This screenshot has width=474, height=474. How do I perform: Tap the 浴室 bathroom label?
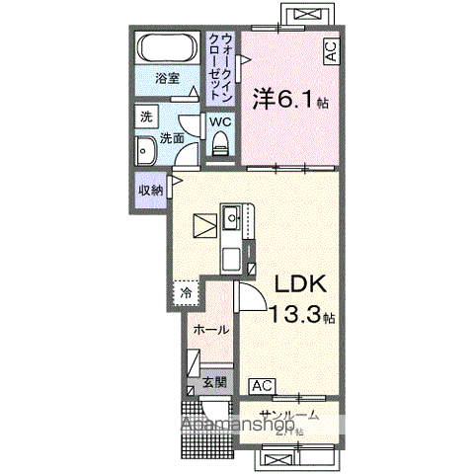pyautogui.click(x=166, y=80)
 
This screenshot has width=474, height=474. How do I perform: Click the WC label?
pyautogui.click(x=219, y=121)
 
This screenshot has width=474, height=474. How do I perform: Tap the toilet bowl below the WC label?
pyautogui.click(x=219, y=144)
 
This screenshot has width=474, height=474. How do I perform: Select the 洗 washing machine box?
pyautogui.click(x=145, y=117)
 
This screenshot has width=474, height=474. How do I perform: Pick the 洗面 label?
pyautogui.click(x=172, y=138)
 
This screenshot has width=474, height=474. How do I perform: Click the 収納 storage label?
pyautogui.click(x=150, y=190)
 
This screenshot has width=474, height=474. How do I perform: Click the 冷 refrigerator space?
pyautogui.click(x=185, y=293)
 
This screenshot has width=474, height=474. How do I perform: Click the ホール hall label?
pyautogui.click(x=211, y=329)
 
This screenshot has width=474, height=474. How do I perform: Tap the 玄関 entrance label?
pyautogui.click(x=215, y=381)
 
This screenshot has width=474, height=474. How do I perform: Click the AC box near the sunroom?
pyautogui.click(x=263, y=385)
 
